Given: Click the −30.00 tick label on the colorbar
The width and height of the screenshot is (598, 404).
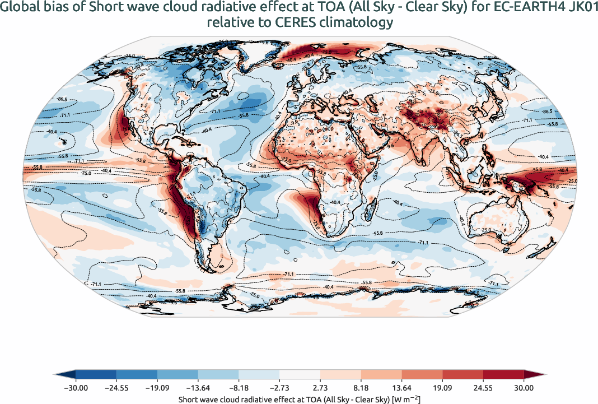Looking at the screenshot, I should tap(76, 387).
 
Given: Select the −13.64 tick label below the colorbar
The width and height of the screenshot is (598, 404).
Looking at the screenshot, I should tap(198, 387).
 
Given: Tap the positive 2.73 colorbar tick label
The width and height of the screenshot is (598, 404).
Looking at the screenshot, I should tap(320, 387).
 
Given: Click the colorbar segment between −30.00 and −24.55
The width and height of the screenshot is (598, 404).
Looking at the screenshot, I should tap(96, 374).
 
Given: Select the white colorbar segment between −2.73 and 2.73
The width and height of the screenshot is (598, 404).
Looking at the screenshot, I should tap(300, 374).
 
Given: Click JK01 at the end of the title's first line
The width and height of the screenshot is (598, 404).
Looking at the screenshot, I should tap(582, 8).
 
